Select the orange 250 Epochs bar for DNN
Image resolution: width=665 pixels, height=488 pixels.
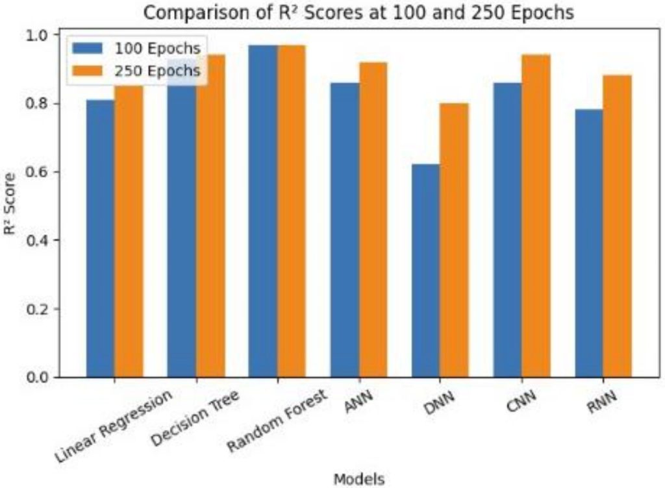(x=453, y=240)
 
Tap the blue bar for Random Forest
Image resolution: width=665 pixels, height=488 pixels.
(x=262, y=211)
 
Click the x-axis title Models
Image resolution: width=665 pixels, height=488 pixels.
(x=358, y=478)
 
